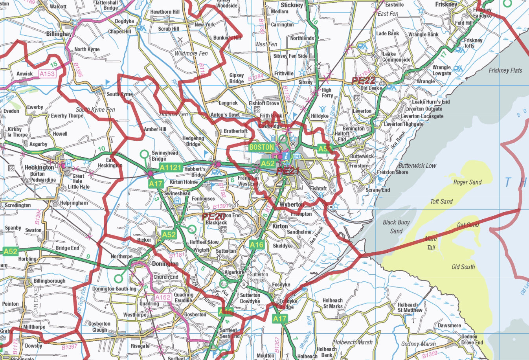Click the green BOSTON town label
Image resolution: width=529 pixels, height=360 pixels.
pos(261,147)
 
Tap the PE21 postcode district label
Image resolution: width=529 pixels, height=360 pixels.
pos(288,171)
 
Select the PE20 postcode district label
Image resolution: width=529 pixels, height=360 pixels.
pos(213,217)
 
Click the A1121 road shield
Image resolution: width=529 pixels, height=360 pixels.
pos(170,168)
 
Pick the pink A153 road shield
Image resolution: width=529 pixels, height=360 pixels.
pos(47,73)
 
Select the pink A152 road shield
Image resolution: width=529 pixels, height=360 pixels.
pos(163,297)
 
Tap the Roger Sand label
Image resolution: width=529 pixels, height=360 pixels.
pos(467,182)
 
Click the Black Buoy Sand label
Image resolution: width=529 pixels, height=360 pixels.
pos(396,227)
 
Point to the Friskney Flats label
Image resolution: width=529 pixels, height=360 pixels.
pos(505,71)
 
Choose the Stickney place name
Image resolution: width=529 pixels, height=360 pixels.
pos(292,5)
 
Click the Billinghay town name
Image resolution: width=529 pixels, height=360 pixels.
pos(59,34)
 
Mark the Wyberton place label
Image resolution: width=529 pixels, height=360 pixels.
pos(292,205)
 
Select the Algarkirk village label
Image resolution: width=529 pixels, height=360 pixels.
pos(234,272)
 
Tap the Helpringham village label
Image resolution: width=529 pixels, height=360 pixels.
pos(74,203)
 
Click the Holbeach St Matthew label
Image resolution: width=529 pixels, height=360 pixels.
pos(410,307)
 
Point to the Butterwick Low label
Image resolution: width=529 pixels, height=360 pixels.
pos(417,166)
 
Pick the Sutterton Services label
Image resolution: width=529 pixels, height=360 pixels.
pos(259,277)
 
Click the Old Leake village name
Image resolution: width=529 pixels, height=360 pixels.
pos(371,88)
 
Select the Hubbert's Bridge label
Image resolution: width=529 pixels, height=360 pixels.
pos(195,172)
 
